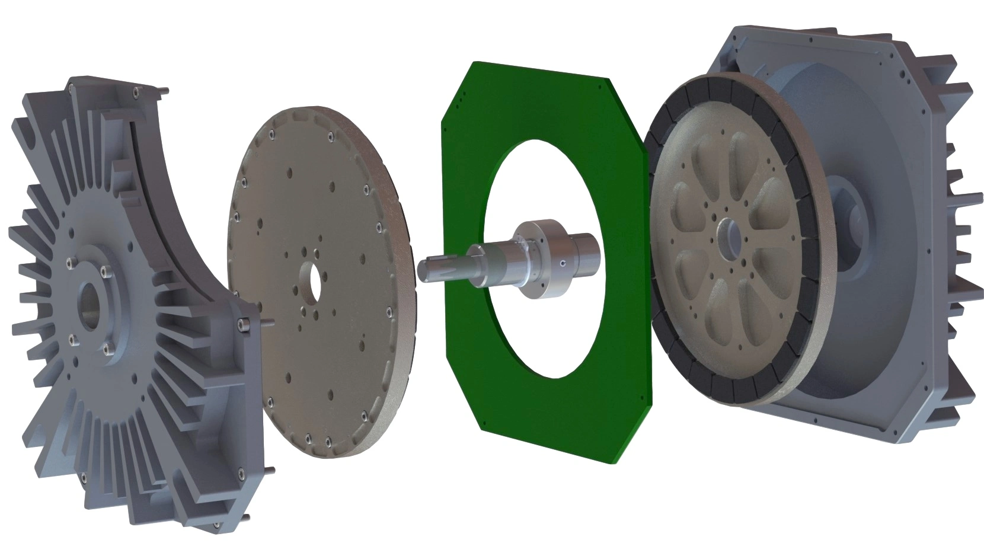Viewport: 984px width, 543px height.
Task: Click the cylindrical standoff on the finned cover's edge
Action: coord(242,324)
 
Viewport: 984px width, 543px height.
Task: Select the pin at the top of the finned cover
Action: coord(164,91)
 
